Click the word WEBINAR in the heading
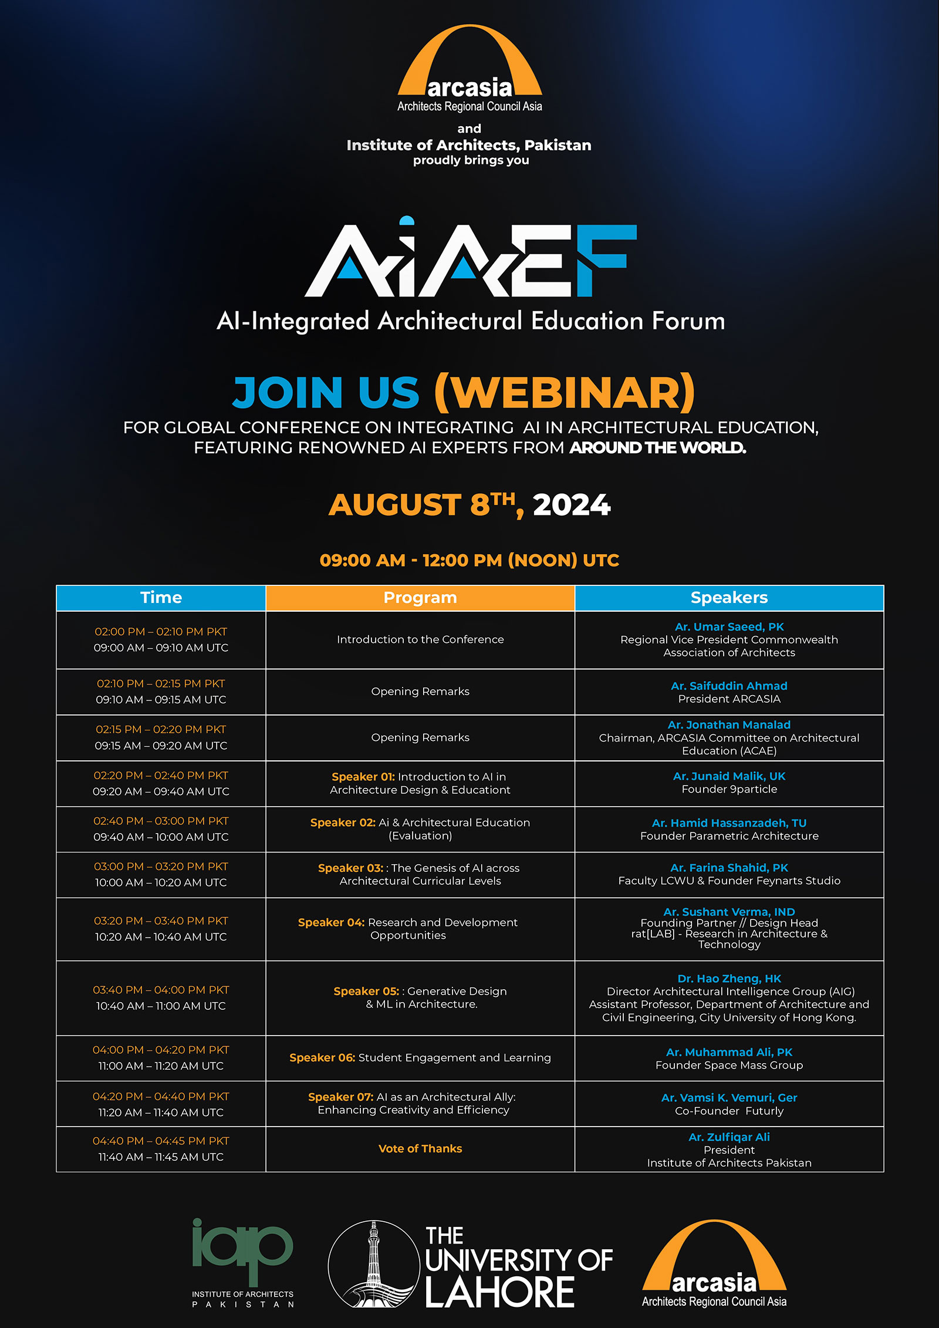tap(565, 392)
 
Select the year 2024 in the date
tap(572, 505)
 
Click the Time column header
tap(161, 598)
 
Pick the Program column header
tap(420, 598)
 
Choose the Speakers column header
tap(729, 598)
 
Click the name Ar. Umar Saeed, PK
tap(729, 626)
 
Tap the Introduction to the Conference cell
tap(420, 639)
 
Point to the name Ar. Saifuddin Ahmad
tap(729, 686)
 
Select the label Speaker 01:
tap(363, 777)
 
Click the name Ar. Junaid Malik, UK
tap(729, 776)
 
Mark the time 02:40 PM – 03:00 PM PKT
tap(161, 821)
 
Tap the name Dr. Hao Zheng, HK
tap(729, 979)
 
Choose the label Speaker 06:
tap(322, 1057)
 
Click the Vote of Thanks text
tap(420, 1148)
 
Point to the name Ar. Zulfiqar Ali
tap(729, 1137)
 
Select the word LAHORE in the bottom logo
tap(499, 1292)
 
